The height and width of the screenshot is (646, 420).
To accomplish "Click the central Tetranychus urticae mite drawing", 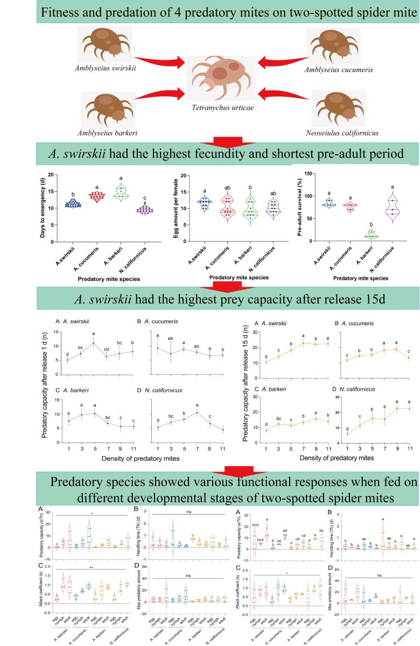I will [220, 78].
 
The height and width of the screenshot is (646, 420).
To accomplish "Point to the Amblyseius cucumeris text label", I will [332, 71].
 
